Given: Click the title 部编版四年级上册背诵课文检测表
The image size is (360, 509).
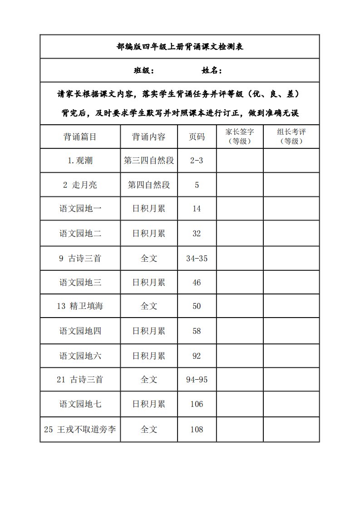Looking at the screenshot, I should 180,47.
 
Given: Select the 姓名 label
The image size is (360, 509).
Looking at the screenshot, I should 212,71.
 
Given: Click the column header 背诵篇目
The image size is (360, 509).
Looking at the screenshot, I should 80,137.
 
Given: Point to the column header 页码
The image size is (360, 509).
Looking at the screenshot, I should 197,137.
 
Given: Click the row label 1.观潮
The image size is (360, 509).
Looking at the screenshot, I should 80,161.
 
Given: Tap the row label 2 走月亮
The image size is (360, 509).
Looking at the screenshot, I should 80,185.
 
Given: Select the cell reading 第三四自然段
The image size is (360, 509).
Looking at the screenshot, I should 149,161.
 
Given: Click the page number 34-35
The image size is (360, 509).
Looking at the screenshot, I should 197,259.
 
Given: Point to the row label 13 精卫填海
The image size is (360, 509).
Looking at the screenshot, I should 80,306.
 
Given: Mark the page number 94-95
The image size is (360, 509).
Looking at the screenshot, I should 197,380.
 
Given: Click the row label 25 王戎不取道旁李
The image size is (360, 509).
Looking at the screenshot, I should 80,429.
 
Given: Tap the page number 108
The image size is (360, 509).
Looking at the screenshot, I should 197,429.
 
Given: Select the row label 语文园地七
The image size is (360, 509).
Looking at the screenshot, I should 80,404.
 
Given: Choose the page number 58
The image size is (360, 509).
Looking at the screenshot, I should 197,331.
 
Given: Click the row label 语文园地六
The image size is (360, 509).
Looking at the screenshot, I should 80,356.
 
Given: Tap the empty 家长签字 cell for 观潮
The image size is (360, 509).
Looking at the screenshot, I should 239,161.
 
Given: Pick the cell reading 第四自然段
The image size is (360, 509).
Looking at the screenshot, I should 149,185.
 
